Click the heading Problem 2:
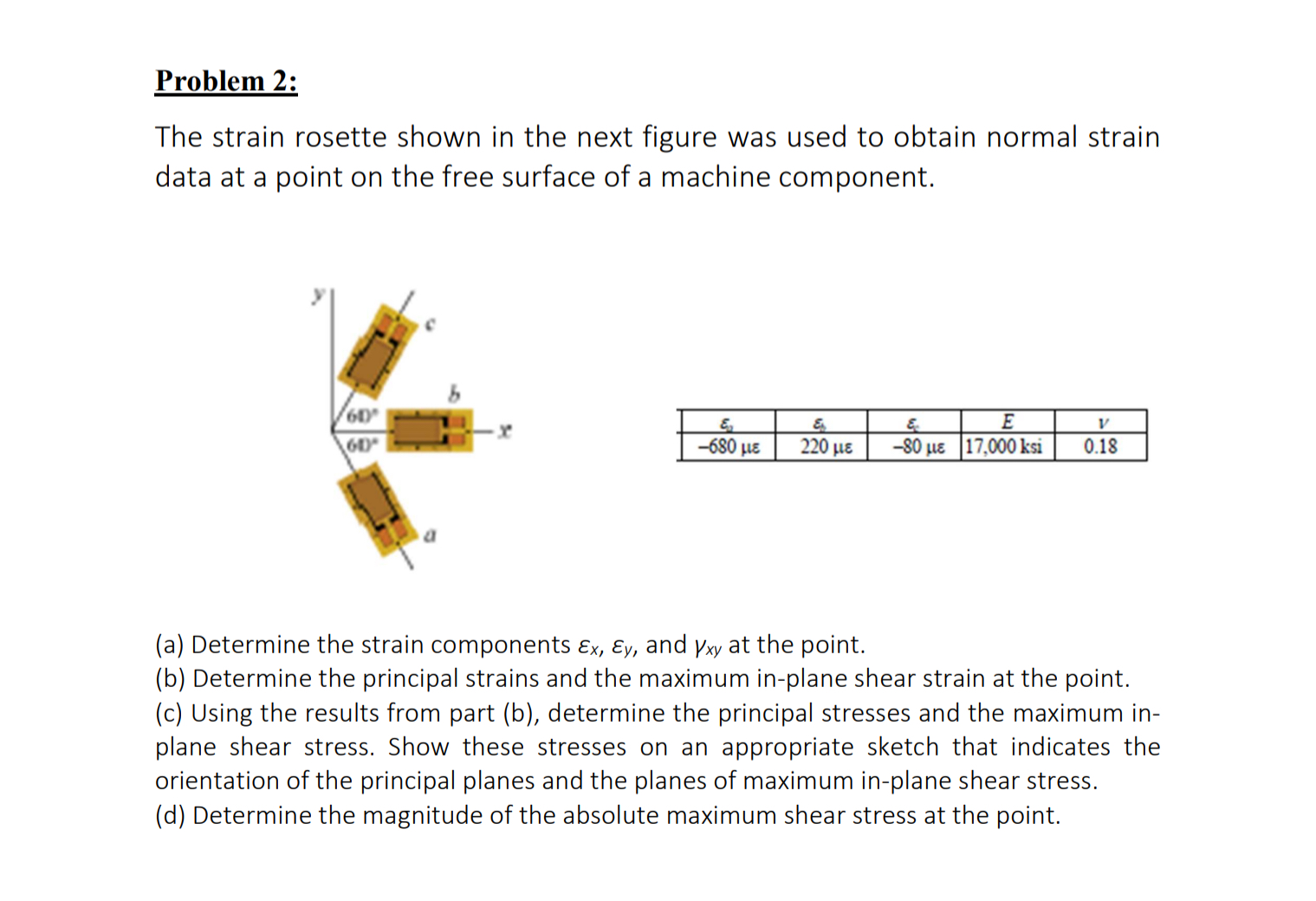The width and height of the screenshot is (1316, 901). [x=226, y=81]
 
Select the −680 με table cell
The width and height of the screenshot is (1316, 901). [x=728, y=447]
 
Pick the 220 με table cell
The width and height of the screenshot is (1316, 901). [x=826, y=447]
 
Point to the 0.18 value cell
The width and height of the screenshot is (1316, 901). [x=1100, y=447]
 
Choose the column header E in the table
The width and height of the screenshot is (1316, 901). [x=1008, y=422]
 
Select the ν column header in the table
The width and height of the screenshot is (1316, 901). [x=1101, y=423]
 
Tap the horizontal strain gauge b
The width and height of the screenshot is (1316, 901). [x=428, y=430]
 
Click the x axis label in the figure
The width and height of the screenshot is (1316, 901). [x=506, y=429]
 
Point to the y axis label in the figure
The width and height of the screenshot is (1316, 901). [x=319, y=295]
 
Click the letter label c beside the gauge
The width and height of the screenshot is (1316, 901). [x=429, y=325]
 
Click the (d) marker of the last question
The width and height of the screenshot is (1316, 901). [x=170, y=815]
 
